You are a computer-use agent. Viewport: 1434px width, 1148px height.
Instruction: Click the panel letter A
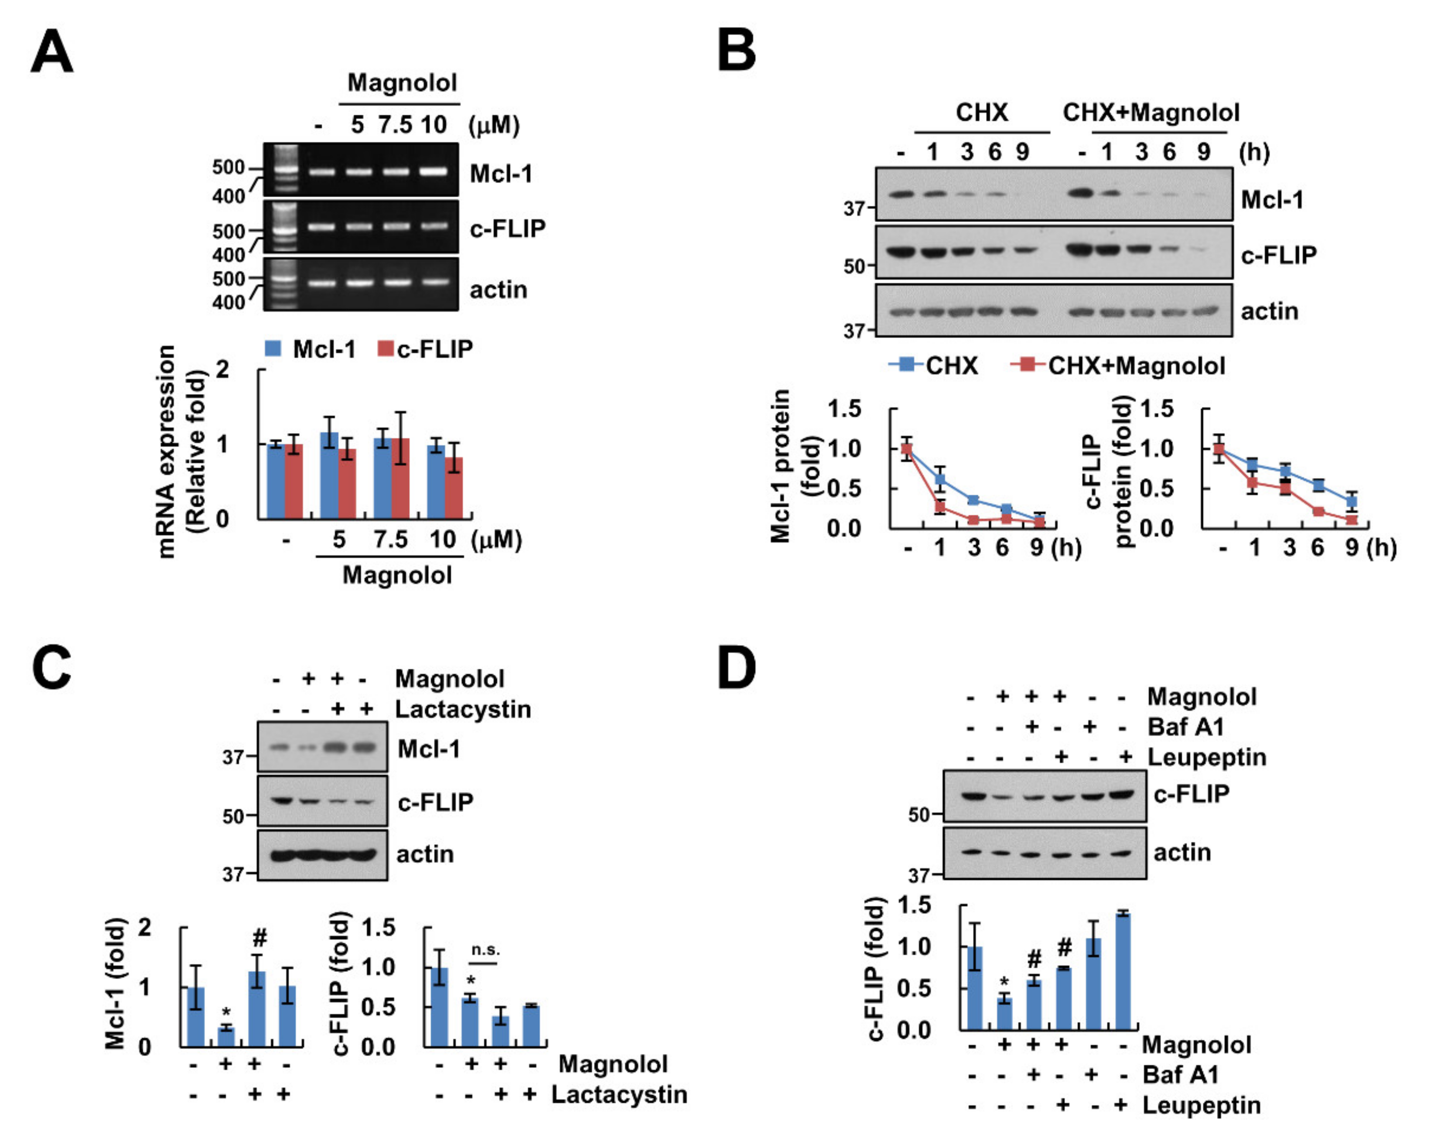pyautogui.click(x=52, y=52)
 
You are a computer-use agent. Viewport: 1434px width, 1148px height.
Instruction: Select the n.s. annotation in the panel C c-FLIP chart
pyautogui.click(x=485, y=950)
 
